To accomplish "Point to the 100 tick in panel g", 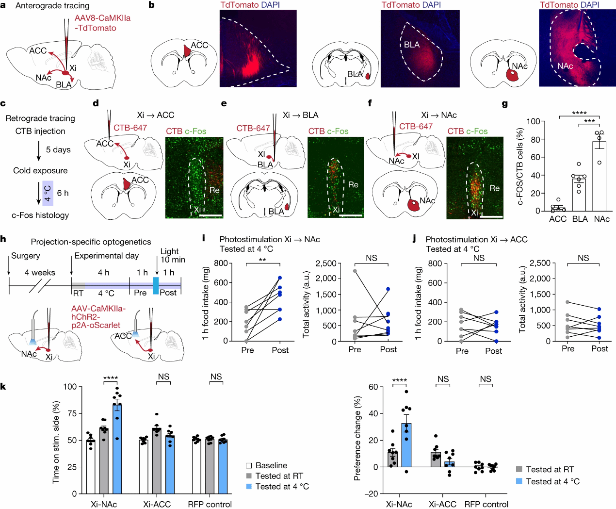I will [534, 121].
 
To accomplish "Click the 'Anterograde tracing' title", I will [52, 6].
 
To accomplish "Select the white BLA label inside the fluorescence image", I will [412, 45].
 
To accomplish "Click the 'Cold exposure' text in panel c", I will [40, 170].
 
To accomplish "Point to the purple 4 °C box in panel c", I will [48, 193].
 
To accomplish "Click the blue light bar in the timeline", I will [156, 286].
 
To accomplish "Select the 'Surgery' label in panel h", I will [26, 256].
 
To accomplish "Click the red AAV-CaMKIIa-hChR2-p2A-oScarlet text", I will [98, 317].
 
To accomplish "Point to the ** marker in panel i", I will [262, 260].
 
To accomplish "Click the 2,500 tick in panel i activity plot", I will [326, 263].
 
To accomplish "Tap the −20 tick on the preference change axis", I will [372, 493].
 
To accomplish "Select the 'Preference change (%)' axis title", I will [357, 439].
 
